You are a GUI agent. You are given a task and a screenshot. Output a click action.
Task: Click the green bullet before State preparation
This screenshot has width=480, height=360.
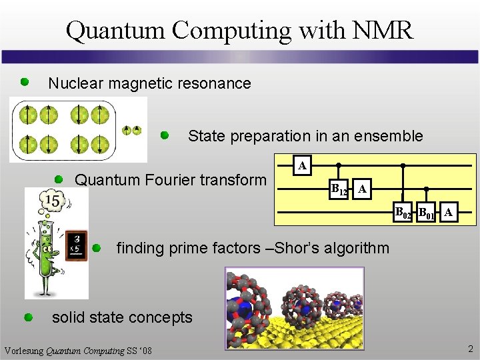tap(165, 135)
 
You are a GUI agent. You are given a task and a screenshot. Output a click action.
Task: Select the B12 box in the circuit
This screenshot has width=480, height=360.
tap(339, 190)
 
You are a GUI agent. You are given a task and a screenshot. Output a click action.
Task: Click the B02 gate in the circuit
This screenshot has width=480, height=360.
tap(402, 213)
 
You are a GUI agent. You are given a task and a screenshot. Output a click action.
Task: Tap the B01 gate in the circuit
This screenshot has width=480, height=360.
tap(426, 213)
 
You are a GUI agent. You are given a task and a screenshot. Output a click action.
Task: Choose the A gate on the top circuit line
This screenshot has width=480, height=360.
tap(303, 165)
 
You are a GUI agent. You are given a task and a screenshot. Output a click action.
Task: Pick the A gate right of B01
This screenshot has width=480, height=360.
tap(449, 213)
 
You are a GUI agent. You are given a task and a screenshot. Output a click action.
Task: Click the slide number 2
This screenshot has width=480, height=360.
tap(470, 349)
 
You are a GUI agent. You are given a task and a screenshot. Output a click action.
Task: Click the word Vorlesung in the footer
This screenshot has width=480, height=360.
tap(23, 351)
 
